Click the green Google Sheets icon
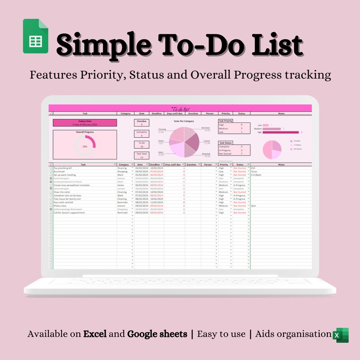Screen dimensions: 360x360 [x=35, y=36]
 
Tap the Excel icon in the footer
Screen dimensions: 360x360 [x=341, y=335]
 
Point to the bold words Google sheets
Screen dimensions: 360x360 [x=157, y=334]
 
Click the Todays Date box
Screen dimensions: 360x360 [x=85, y=122]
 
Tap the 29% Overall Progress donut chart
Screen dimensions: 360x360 [x=85, y=146]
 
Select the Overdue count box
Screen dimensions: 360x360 [x=141, y=123]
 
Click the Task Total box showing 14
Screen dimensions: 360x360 [x=141, y=156]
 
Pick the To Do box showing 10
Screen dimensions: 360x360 [x=141, y=145]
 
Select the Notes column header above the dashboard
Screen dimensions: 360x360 [x=281, y=113]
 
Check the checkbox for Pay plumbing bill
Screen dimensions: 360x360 [x=51, y=168]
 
